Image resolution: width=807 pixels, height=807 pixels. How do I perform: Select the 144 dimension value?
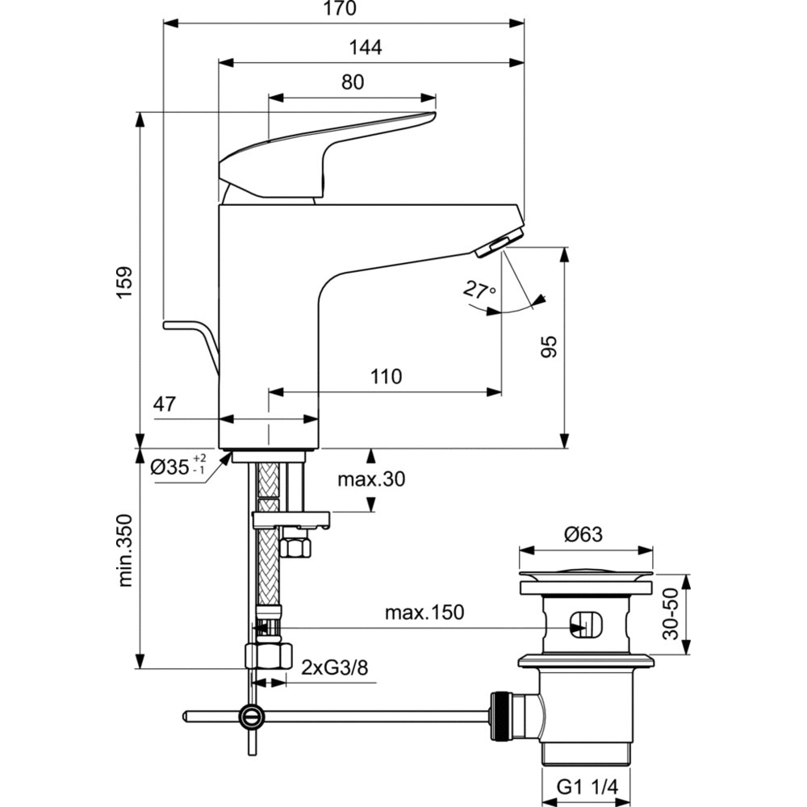tap(365, 47)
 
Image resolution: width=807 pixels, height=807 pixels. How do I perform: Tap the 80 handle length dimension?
tap(352, 82)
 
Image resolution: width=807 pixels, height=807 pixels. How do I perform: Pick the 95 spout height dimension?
tap(549, 348)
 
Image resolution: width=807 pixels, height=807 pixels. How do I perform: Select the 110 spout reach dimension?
tap(386, 376)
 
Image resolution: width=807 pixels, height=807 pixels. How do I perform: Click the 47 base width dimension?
tap(165, 404)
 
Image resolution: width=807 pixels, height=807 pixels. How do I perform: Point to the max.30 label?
tap(371, 479)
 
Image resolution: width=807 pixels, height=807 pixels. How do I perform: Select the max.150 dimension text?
tap(424, 613)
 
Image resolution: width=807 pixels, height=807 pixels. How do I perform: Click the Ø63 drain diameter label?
tap(584, 533)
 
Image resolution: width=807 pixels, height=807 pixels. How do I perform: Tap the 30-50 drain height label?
tap(671, 614)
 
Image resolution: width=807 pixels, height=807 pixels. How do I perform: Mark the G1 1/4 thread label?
tap(584, 785)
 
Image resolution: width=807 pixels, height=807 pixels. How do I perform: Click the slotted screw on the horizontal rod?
tap(251, 715)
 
